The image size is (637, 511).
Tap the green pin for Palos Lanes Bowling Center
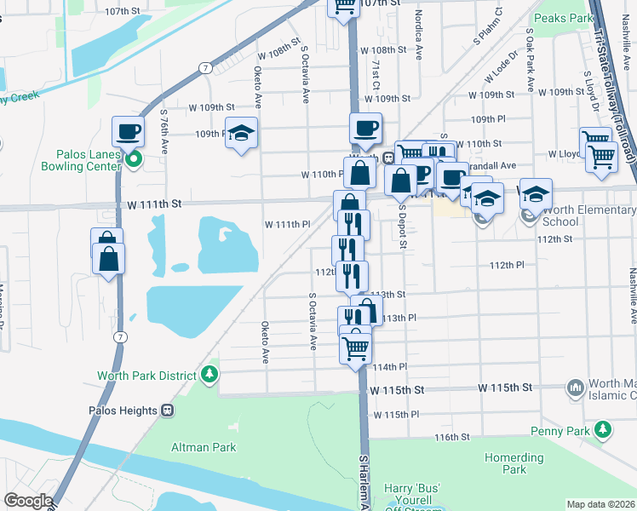[x=133, y=158]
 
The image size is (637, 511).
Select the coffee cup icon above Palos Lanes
[x=128, y=132]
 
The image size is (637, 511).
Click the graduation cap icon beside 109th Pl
[x=242, y=133]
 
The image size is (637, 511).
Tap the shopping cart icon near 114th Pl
[x=355, y=346]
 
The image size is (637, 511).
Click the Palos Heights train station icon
[x=167, y=410]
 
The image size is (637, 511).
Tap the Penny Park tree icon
[x=604, y=431]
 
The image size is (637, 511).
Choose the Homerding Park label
[x=514, y=463]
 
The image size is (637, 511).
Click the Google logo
[x=27, y=501]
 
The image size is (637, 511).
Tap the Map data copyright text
[x=600, y=504]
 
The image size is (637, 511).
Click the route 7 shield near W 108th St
[x=205, y=66]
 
